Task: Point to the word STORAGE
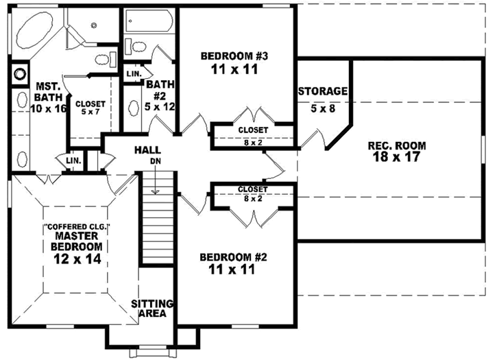[323, 91]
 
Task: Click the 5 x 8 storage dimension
[322, 108]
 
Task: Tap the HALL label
[147, 149]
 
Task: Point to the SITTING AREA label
[152, 309]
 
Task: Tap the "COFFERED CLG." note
[75, 226]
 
